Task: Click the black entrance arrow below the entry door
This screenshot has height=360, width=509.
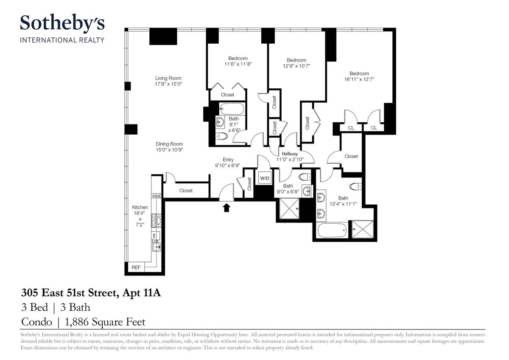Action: (227, 208)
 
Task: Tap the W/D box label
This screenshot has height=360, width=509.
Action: (265, 178)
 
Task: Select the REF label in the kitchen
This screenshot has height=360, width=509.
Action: (136, 267)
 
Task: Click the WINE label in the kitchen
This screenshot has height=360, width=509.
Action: (157, 196)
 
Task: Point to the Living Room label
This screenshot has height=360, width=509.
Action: (168, 78)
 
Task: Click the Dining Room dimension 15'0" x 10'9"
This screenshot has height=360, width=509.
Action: (170, 150)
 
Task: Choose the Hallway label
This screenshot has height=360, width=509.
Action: (290, 154)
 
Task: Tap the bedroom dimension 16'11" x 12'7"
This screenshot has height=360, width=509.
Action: (359, 79)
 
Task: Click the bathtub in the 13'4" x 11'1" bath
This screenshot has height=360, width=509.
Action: (332, 230)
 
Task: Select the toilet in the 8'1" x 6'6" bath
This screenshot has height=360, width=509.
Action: (221, 136)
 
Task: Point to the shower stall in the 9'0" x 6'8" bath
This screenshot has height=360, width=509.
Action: (289, 209)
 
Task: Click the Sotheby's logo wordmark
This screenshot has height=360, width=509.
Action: (62, 23)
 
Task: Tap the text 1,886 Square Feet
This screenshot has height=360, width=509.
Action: (105, 322)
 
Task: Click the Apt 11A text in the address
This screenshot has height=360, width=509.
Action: (141, 293)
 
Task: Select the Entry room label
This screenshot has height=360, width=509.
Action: (228, 160)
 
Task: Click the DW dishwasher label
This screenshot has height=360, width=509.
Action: (154, 235)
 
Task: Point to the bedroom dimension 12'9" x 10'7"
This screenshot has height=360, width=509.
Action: (296, 66)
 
